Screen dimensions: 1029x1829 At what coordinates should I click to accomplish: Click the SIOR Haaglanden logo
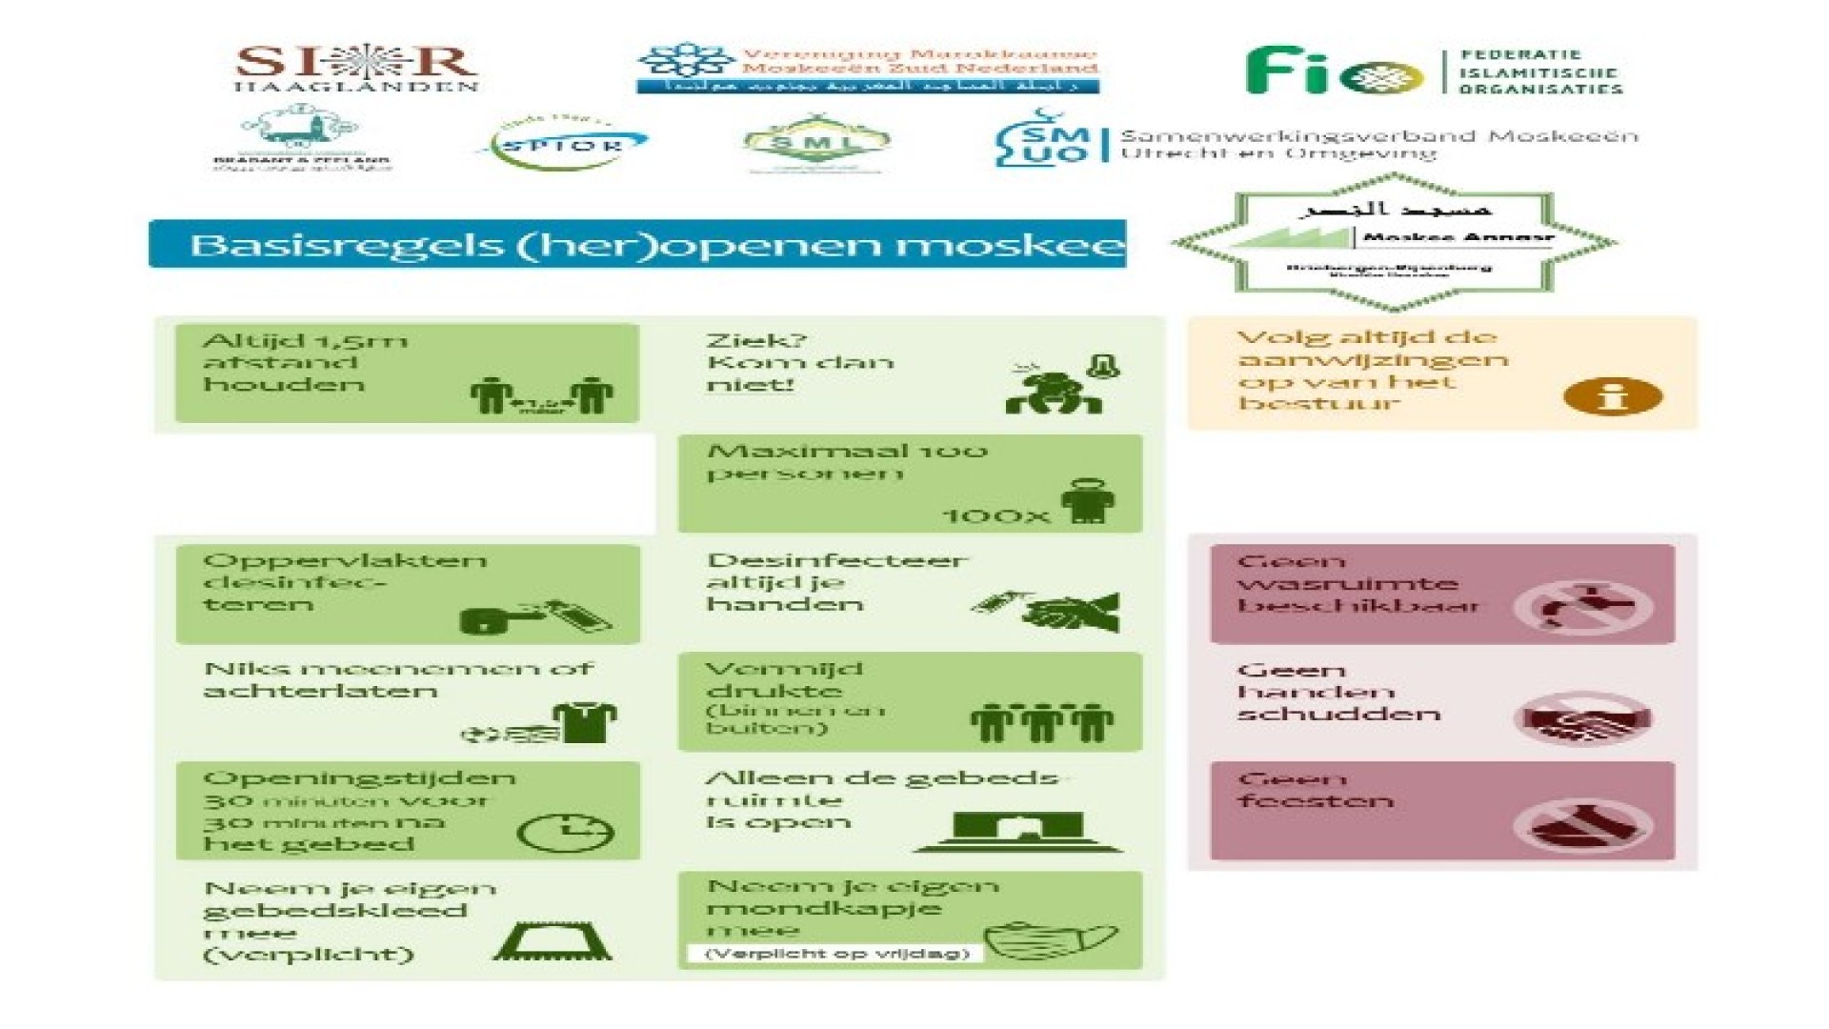point(356,67)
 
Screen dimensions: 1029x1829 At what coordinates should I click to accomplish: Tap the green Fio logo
point(1334,71)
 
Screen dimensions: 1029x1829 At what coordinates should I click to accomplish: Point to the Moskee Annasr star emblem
point(1394,242)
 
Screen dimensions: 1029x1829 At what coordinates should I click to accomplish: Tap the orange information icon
point(1612,395)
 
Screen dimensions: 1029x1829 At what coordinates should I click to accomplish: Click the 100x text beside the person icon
point(995,515)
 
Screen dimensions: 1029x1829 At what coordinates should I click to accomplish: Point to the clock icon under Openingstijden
point(565,832)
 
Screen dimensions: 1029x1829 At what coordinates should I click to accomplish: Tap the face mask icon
point(1050,939)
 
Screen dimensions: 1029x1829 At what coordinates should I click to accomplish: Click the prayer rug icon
point(553,940)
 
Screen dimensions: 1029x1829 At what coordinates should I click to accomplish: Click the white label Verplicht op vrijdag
point(836,953)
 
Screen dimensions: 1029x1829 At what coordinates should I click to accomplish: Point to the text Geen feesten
point(1315,791)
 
